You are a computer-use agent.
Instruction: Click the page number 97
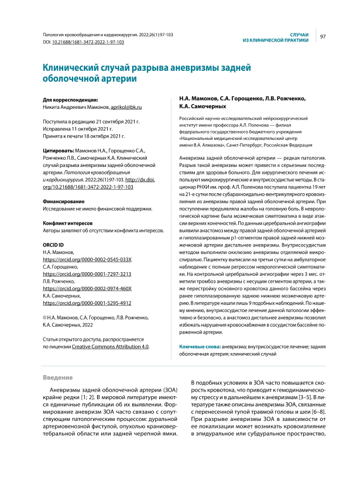(x=323, y=37)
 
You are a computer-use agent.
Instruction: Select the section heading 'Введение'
(x=60, y=378)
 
